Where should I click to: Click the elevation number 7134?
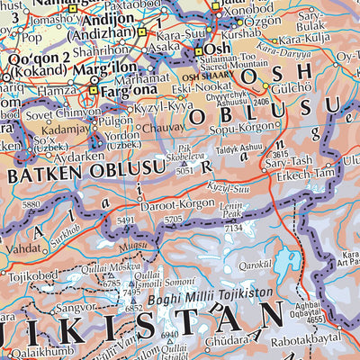(x=234, y=229)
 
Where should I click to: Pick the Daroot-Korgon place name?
(x=175, y=206)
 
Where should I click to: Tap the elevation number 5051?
(x=184, y=168)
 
